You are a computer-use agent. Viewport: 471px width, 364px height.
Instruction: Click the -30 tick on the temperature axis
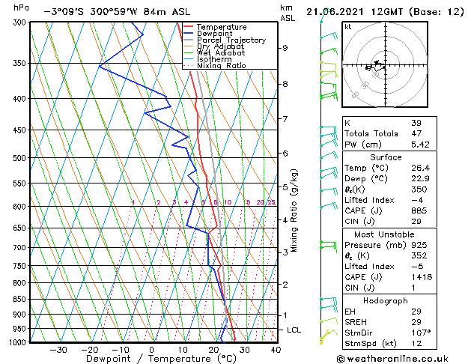[x=58, y=350]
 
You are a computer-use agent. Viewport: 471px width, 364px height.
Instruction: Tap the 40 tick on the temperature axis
[x=276, y=350]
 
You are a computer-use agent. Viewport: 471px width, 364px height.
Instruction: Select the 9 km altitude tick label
[x=285, y=48]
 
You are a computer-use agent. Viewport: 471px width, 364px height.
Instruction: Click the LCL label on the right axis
[x=295, y=330]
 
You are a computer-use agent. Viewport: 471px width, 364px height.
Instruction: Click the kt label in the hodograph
[x=348, y=27]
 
